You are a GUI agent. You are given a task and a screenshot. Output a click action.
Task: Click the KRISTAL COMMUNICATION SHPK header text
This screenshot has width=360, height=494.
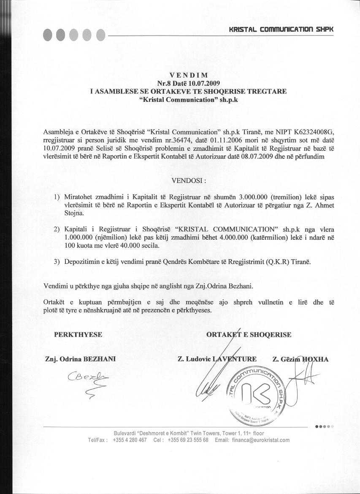(281, 29)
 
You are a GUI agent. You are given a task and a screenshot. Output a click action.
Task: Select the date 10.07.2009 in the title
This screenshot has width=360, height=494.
(204, 83)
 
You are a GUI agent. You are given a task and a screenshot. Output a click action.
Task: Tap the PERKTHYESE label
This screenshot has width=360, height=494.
(78, 334)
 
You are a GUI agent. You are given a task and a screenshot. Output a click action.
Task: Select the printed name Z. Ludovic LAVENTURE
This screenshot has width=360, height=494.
(217, 359)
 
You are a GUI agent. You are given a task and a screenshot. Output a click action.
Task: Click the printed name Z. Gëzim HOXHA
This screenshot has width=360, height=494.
(300, 359)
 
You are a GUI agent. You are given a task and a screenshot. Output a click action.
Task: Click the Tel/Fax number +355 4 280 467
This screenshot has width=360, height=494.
(130, 440)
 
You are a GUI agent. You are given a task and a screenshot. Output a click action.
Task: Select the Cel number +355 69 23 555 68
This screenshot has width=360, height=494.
(188, 440)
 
